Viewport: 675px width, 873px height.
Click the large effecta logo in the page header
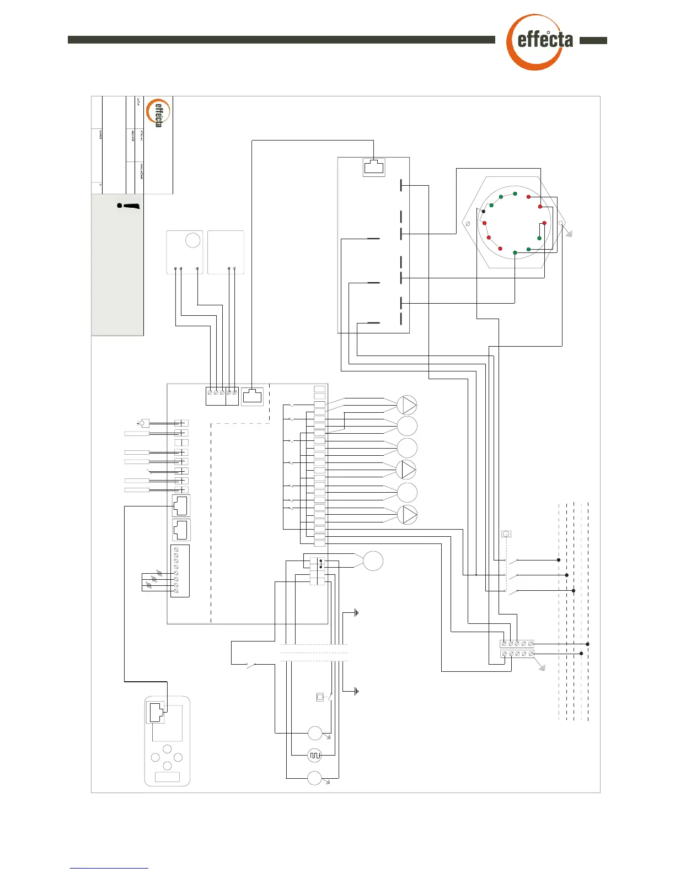point(539,42)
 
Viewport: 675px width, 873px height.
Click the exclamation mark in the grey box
point(129,207)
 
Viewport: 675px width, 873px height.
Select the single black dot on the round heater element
point(484,211)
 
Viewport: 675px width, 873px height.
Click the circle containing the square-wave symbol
point(314,755)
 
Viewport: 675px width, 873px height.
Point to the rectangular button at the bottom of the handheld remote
point(167,777)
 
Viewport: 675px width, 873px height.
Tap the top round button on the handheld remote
point(168,749)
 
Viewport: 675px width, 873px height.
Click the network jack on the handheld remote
point(156,713)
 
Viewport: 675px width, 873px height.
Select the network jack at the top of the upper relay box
point(374,167)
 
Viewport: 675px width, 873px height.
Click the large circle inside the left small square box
point(192,240)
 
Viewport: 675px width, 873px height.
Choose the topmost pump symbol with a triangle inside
point(407,405)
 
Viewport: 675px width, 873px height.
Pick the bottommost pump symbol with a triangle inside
point(407,514)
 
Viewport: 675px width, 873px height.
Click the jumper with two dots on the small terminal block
point(320,564)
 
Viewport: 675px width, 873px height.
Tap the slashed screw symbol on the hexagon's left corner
point(468,224)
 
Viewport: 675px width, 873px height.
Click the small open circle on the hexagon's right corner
point(561,223)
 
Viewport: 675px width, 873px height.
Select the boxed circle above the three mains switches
point(506,533)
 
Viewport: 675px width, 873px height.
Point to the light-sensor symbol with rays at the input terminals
point(143,423)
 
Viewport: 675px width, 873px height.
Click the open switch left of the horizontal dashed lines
point(252,666)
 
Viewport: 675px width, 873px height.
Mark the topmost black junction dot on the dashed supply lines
point(559,560)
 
